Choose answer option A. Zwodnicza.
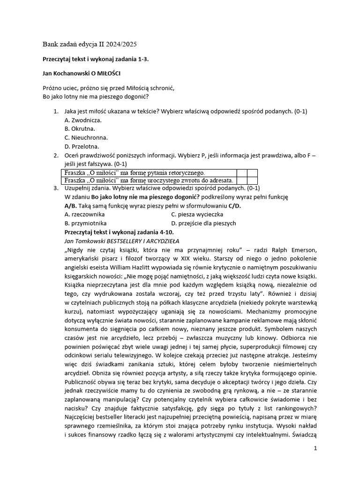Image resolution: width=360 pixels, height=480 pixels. (x=83, y=120)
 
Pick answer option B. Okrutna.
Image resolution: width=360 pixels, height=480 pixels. (x=80, y=128)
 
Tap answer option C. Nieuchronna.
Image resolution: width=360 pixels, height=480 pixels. (x=86, y=137)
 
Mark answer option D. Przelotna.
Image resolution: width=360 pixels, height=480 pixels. (x=82, y=146)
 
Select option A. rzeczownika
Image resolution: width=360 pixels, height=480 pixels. (x=85, y=214)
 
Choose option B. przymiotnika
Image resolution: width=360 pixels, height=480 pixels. (x=86, y=223)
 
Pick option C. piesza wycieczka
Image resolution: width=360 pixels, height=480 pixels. (x=197, y=214)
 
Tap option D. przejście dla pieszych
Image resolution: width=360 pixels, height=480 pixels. (x=203, y=223)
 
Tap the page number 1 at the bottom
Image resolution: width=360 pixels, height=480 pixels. (x=315, y=449)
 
